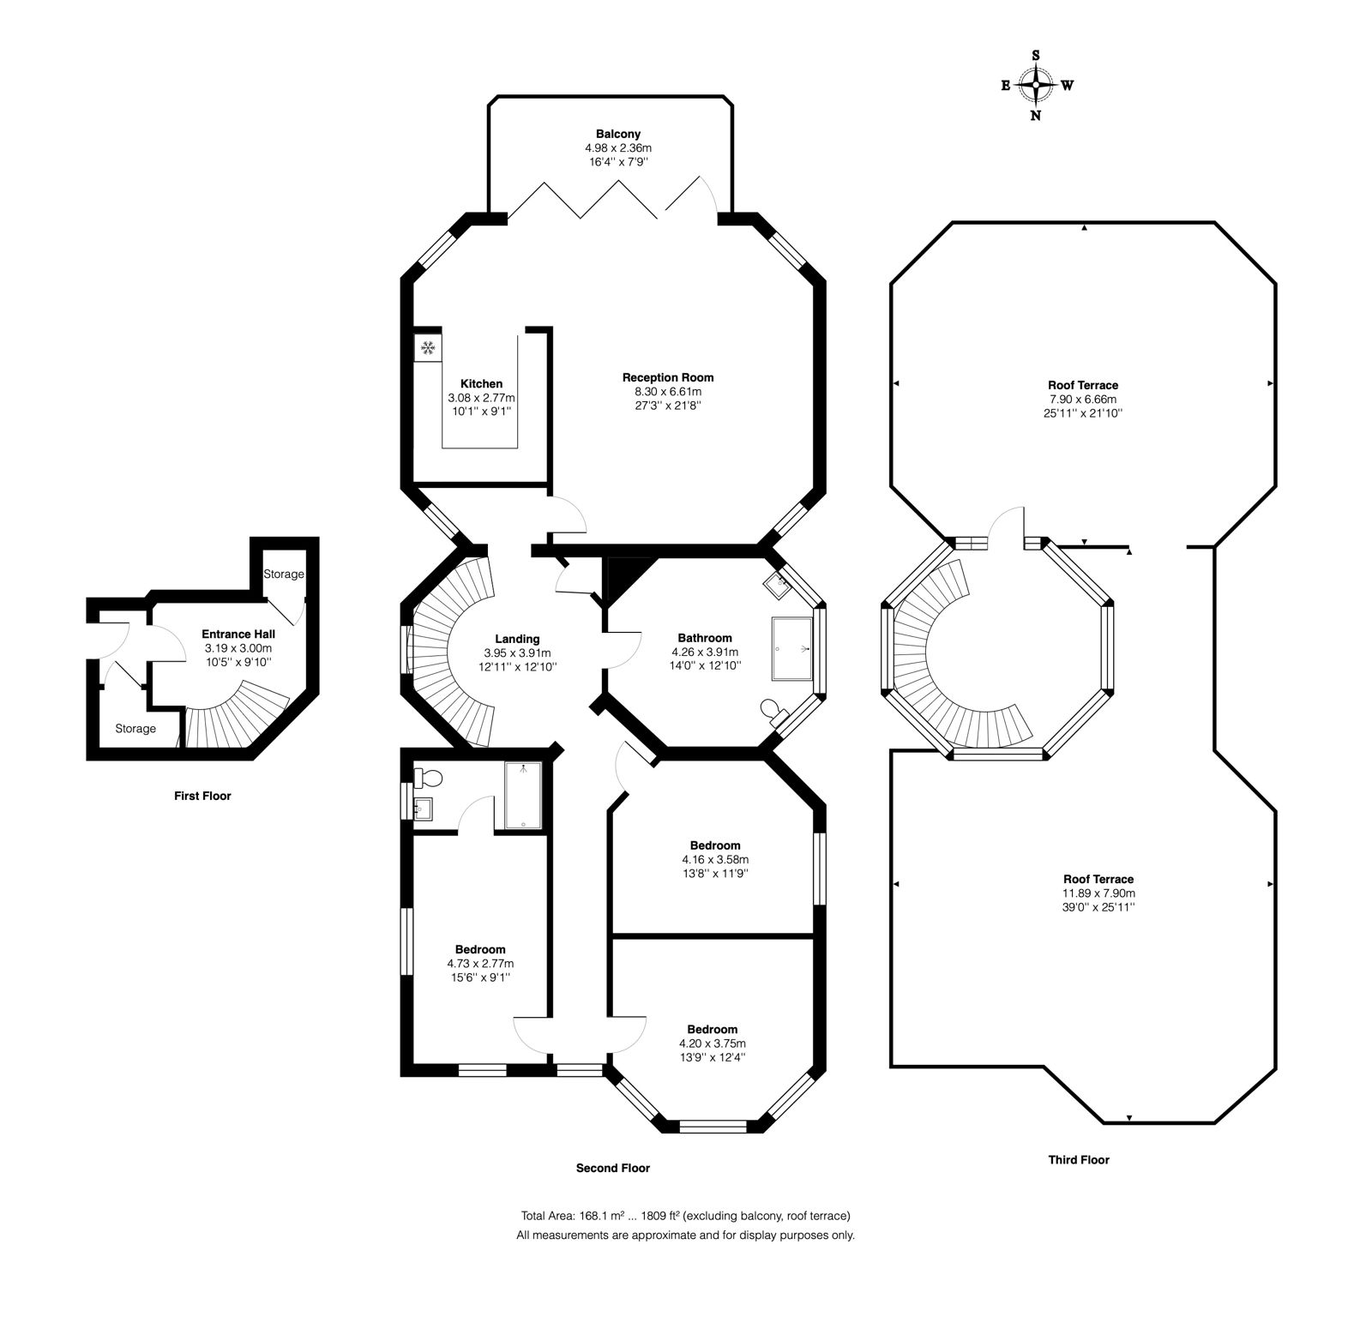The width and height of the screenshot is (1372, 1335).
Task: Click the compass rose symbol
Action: click(1037, 85)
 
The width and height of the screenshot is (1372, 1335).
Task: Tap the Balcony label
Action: click(618, 134)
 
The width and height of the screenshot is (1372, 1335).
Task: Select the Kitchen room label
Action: click(481, 383)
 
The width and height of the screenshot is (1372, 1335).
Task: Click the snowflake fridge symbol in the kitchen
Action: click(428, 348)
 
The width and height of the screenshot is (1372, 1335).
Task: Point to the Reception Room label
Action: click(668, 377)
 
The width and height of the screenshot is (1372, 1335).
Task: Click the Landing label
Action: click(517, 639)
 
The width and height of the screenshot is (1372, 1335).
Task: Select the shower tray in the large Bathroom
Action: click(792, 647)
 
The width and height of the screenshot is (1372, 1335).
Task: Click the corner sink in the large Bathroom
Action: click(779, 584)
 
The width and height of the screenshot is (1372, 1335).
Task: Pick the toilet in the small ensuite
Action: click(428, 779)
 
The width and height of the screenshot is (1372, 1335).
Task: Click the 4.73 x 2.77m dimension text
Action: click(480, 964)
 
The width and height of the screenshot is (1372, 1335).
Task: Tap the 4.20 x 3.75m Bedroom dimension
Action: click(712, 1043)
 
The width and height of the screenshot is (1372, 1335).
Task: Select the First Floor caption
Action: click(202, 796)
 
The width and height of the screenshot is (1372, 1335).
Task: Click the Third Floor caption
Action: click(1079, 1160)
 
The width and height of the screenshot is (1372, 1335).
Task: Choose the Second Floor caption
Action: click(613, 1168)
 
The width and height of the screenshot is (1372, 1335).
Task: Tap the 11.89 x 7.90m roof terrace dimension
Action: click(1098, 893)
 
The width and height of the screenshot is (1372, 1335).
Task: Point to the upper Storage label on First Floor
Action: click(284, 574)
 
